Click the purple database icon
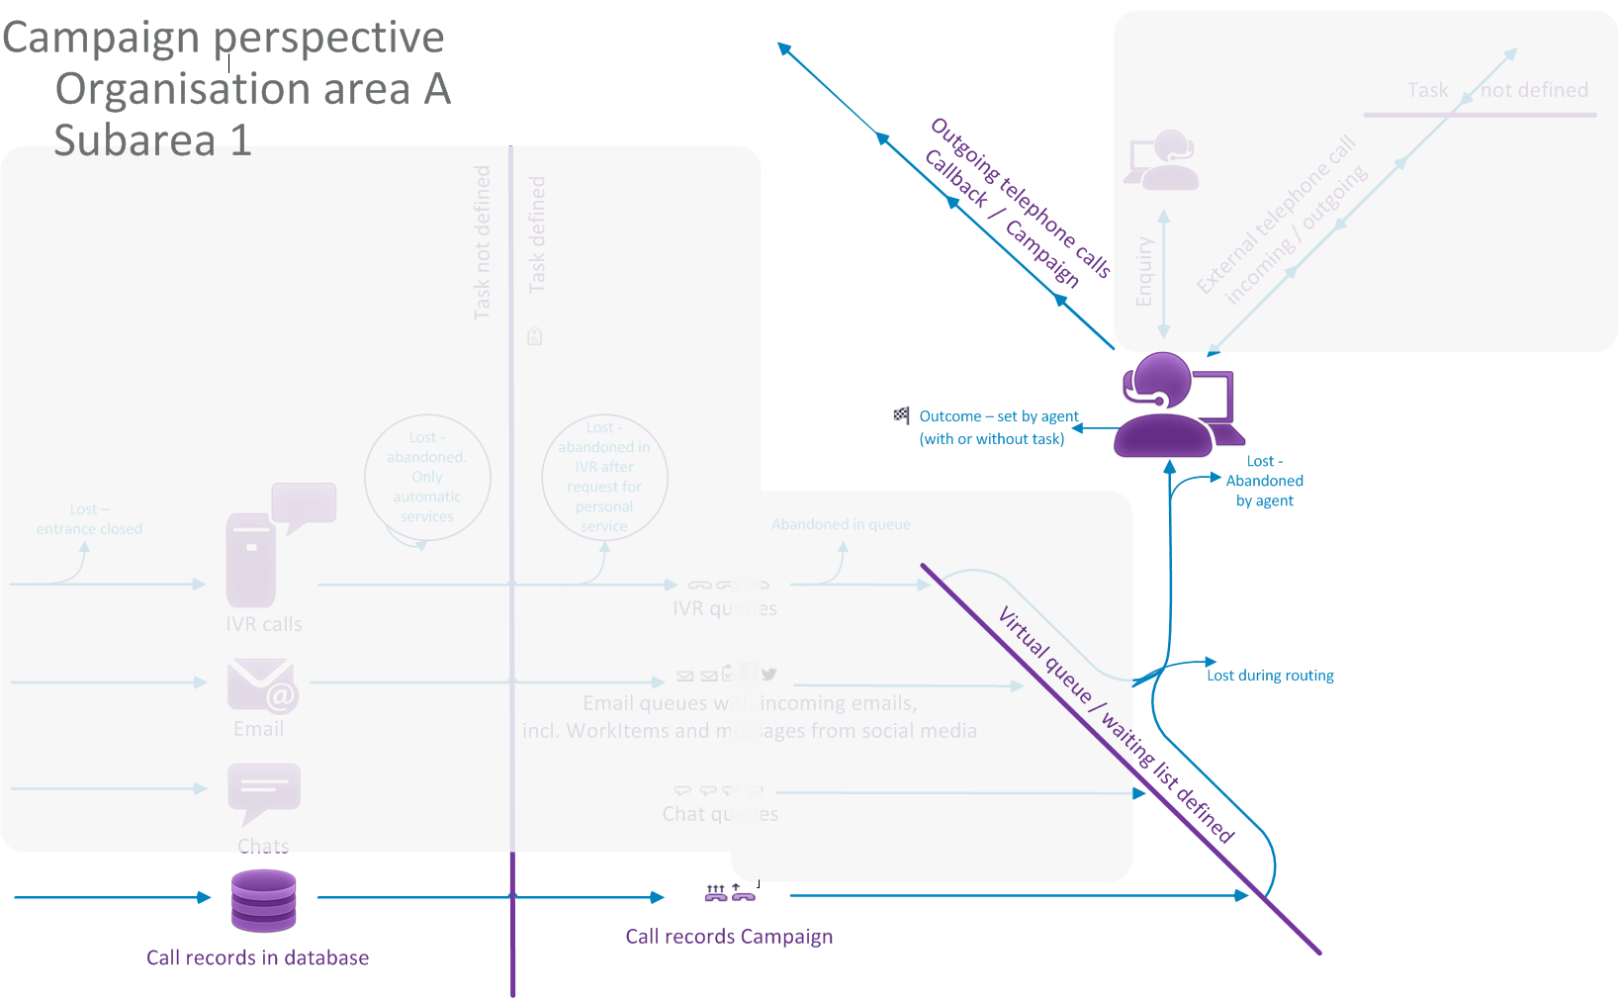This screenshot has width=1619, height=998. (263, 900)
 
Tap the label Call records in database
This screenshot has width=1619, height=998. (257, 957)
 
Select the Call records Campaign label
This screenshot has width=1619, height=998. (729, 937)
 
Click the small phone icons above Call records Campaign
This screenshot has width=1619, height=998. (730, 893)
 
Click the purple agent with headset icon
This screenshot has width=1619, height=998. (1173, 406)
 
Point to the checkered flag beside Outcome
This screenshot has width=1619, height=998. (901, 415)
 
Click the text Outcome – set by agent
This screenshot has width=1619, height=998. (998, 416)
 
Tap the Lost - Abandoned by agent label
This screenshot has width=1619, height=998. (1264, 481)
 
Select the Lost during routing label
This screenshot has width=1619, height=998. (1270, 676)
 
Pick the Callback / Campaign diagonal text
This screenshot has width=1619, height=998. (1001, 219)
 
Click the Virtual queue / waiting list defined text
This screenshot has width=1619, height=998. (1116, 724)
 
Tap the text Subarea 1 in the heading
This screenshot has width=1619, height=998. (152, 139)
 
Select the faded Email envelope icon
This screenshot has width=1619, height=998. (262, 684)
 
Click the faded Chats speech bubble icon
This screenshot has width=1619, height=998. (263, 792)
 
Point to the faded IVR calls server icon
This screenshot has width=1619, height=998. (251, 560)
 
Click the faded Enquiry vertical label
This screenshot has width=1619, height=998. (1144, 271)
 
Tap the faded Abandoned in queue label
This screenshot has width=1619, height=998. (841, 524)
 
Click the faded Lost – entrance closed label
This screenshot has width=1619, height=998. (89, 519)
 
